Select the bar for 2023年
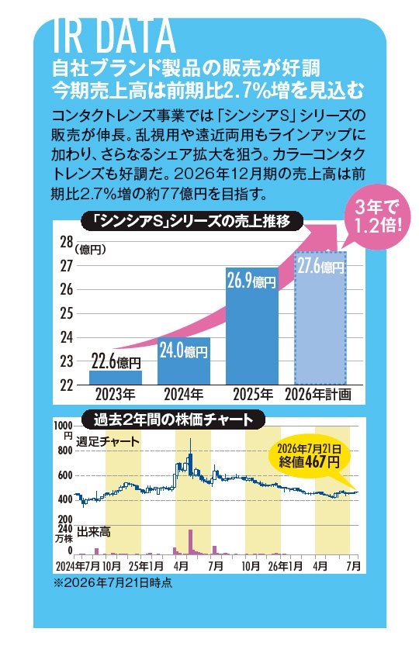coord(116,378)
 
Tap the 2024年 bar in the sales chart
coord(184,361)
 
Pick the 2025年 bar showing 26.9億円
coord(252,326)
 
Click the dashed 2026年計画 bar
coord(320,318)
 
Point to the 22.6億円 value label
coord(116,361)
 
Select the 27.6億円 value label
coord(320,267)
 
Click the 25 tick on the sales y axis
coord(67,314)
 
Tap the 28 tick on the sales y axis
coord(67,243)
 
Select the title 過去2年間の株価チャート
coord(173,419)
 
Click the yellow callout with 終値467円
coord(309,456)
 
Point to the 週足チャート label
coord(108,441)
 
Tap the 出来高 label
coord(93,532)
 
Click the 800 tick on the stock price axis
coord(64,451)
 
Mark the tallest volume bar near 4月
coord(190,542)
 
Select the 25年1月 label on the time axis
coord(146,566)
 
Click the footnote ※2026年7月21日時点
coord(113,583)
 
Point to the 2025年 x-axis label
coord(252,395)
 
